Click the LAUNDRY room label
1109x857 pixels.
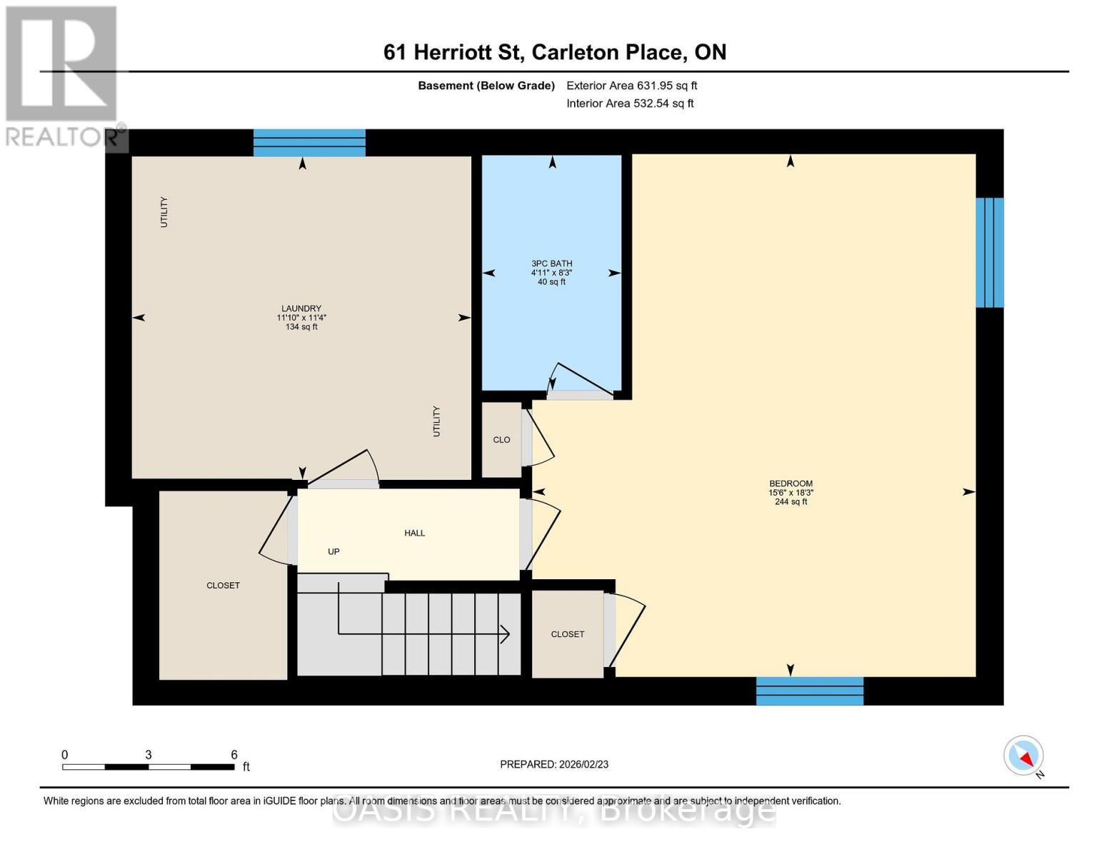[x=301, y=309]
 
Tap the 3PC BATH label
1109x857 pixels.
[x=551, y=264]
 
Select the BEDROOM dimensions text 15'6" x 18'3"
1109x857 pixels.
[x=791, y=493]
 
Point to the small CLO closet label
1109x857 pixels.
[x=501, y=440]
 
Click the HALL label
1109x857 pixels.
[x=414, y=533]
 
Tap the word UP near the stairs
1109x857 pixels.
[x=333, y=551]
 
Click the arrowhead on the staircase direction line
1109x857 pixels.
[x=505, y=633]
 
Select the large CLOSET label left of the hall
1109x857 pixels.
[x=223, y=586]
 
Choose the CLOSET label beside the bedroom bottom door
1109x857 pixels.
[x=567, y=634]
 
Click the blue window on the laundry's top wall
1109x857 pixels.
[x=309, y=143]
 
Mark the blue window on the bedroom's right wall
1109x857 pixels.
[x=989, y=252]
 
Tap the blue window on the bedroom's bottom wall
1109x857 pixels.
[x=809, y=691]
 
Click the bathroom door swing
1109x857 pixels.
[x=580, y=379]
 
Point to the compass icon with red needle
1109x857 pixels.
[x=1023, y=756]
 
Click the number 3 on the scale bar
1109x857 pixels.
[x=148, y=755]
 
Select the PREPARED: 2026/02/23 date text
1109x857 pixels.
[x=554, y=764]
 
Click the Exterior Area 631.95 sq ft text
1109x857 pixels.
[x=631, y=86]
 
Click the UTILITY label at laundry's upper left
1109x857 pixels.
[x=164, y=212]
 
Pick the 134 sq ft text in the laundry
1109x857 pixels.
[x=301, y=327]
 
